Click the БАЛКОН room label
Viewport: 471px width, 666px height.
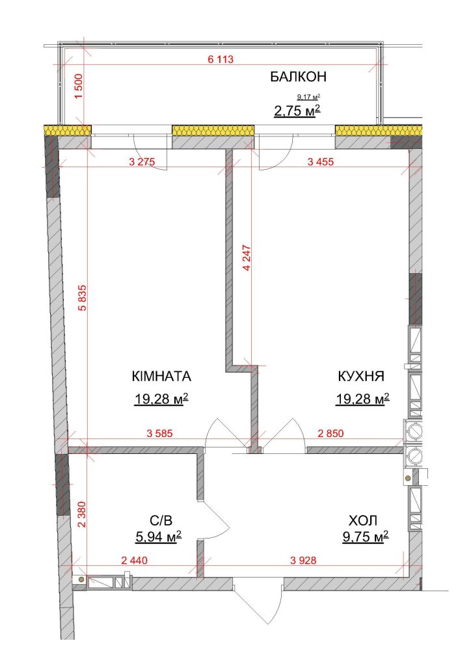298,77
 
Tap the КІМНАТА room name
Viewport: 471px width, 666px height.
161,377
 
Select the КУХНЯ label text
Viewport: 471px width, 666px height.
361,377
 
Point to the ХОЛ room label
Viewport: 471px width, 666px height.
363,520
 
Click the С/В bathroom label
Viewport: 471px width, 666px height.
161,520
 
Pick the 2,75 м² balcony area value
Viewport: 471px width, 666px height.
297,111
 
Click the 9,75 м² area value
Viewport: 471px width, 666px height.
366,537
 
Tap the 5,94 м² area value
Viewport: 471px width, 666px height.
159,537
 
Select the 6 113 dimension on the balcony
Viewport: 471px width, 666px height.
221,59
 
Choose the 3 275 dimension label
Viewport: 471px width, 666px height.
142,161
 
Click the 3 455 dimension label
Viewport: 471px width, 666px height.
321,161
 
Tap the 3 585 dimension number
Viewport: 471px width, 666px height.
159,434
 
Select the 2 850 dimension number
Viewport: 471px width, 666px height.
331,434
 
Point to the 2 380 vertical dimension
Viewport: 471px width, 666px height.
83,514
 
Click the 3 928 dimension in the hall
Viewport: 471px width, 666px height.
303,561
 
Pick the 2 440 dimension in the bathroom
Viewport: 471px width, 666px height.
134,561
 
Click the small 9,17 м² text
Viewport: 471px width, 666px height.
309,96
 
